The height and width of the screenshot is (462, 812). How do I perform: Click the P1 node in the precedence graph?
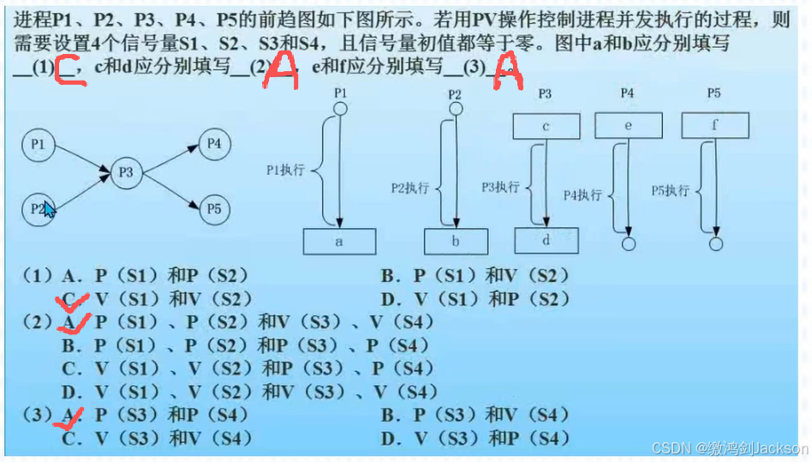[38, 146]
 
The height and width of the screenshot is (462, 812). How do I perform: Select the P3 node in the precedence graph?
[126, 173]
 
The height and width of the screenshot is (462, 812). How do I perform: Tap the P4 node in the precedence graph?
[214, 143]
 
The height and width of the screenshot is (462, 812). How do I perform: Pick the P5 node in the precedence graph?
[214, 208]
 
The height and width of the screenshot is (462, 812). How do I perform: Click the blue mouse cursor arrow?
[49, 210]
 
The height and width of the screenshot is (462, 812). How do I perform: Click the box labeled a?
[338, 242]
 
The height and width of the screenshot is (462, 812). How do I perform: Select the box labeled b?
[455, 242]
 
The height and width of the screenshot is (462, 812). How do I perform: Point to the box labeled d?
[546, 239]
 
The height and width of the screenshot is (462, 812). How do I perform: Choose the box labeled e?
[628, 126]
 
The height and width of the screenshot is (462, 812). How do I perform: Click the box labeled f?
[714, 126]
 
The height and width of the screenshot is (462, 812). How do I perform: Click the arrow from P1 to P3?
[82, 159]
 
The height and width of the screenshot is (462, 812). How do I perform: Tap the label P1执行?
[285, 171]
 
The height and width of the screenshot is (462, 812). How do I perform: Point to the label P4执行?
[582, 195]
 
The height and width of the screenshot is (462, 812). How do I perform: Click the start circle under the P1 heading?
[339, 109]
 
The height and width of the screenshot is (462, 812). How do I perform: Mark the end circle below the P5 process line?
[714, 244]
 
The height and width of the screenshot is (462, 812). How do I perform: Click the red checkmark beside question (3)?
[72, 417]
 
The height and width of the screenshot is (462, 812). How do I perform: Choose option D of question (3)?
[475, 438]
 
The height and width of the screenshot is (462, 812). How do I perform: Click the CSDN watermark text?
[729, 448]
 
